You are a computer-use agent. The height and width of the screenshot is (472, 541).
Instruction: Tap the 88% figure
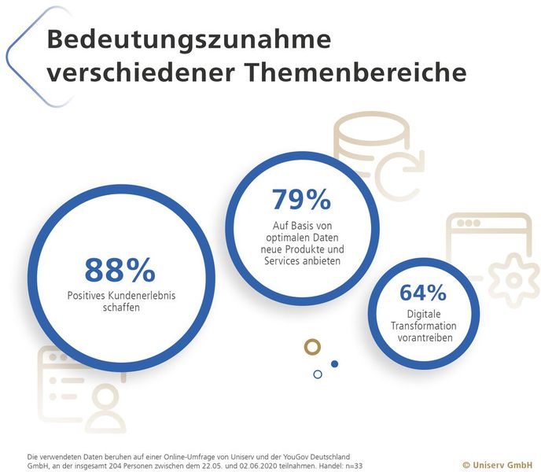[x=120, y=270]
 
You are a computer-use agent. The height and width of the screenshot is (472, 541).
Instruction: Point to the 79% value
[x=301, y=200]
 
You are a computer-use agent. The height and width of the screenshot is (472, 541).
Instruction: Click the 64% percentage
[x=423, y=293]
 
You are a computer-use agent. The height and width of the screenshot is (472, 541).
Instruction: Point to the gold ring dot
[x=313, y=347]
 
